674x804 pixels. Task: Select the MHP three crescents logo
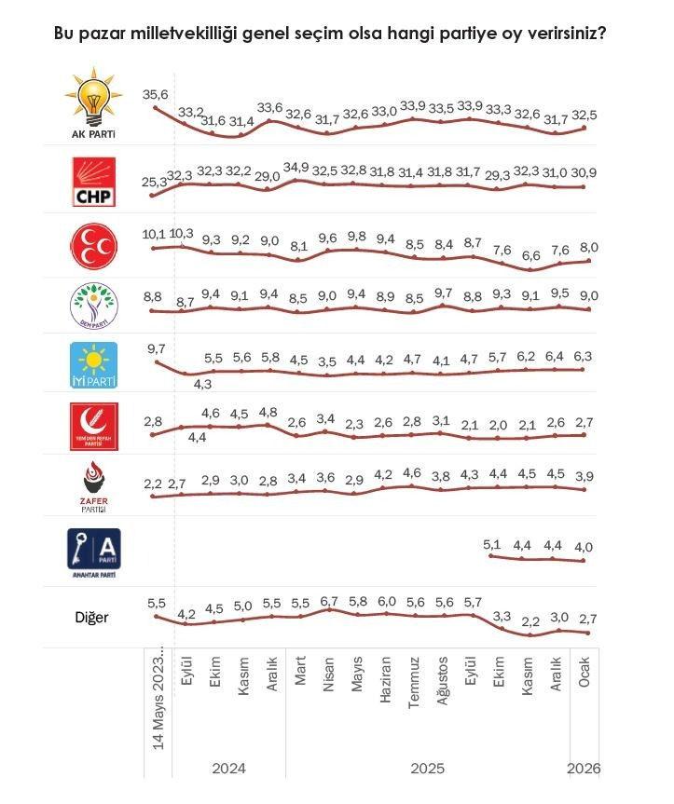click(x=94, y=245)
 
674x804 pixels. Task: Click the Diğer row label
click(x=93, y=617)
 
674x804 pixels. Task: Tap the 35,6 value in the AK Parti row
click(x=155, y=95)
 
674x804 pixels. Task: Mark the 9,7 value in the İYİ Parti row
click(x=156, y=347)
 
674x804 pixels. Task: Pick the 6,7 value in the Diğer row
click(x=328, y=603)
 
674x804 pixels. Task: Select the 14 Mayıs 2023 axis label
click(x=158, y=700)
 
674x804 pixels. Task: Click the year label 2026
click(x=585, y=769)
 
